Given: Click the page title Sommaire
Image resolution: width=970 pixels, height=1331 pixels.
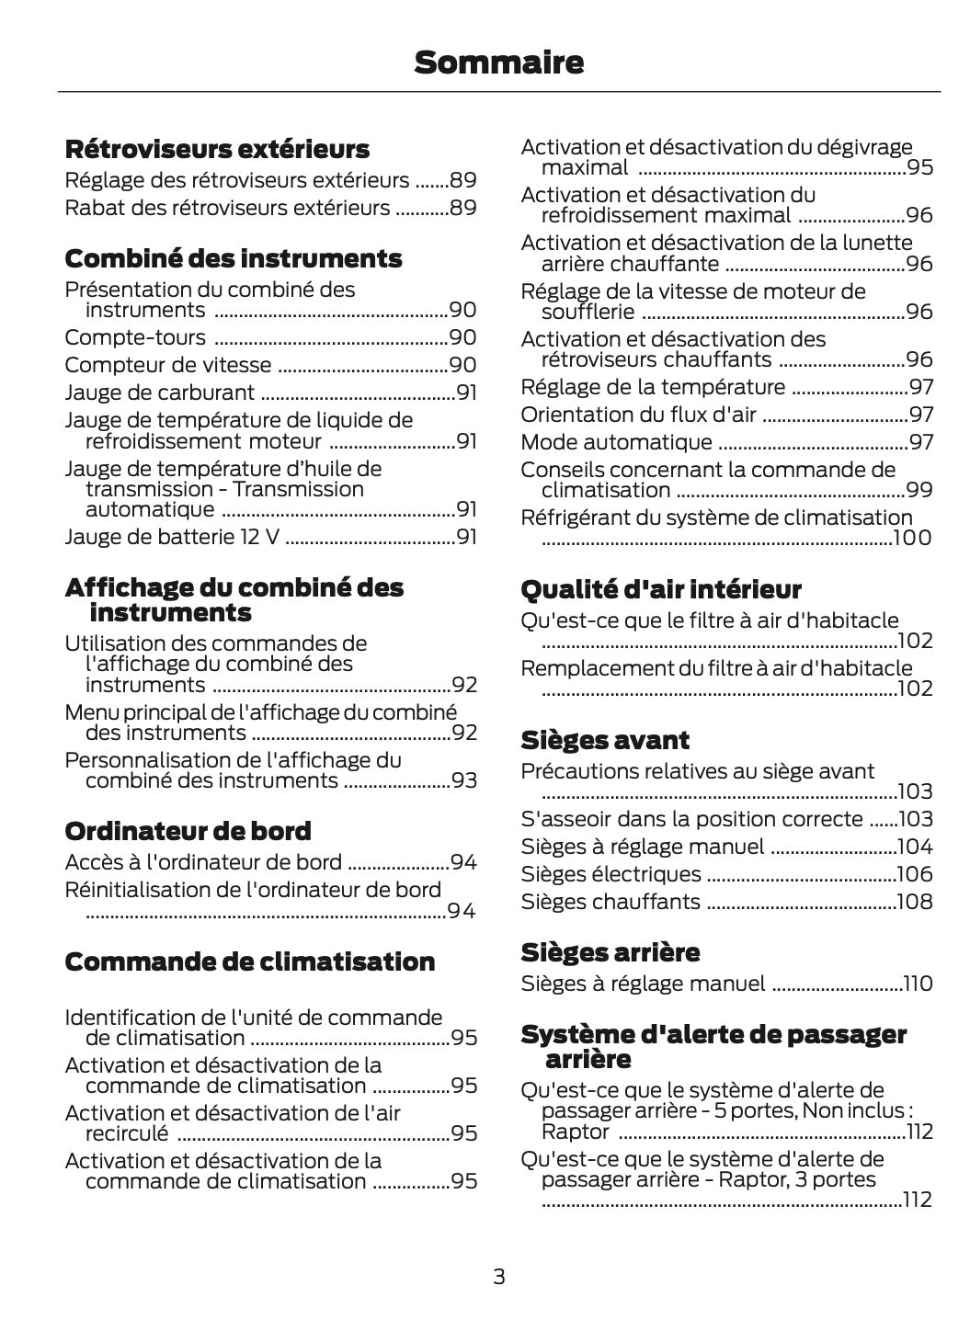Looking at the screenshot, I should [498, 63].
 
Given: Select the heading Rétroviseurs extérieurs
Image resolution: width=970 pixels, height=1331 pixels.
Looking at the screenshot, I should [217, 149].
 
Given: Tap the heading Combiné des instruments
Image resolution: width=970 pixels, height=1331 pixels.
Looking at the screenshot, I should [234, 258].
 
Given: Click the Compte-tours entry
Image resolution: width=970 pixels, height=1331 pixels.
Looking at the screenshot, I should [135, 337].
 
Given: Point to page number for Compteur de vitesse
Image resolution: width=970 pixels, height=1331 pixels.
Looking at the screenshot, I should [463, 365].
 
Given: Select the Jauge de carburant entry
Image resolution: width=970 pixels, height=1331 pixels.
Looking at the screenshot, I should [159, 392].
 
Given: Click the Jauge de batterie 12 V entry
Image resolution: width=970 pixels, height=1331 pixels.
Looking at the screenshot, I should [172, 537].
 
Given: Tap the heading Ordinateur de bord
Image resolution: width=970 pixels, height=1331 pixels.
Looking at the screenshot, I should [188, 831].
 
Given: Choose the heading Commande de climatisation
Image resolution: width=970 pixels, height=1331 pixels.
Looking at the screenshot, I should [249, 961].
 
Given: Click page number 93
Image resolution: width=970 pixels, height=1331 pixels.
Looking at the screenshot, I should [464, 780].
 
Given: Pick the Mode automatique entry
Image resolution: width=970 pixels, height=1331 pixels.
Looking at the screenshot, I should [616, 442].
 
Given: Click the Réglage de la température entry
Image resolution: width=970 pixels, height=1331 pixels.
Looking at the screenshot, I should [653, 387].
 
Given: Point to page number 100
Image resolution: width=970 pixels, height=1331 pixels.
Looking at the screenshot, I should [912, 538].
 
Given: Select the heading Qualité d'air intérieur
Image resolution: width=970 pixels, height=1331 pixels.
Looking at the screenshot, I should [660, 589].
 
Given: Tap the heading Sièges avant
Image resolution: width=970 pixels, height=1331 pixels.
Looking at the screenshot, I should [604, 740].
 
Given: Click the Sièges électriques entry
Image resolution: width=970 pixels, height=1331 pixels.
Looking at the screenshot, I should [611, 874].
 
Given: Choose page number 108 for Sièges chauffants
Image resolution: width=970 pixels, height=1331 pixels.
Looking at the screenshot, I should [915, 902].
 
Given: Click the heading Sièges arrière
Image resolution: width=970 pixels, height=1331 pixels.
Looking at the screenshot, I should [610, 951].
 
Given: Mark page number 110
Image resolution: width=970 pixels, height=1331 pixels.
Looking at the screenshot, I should [918, 984].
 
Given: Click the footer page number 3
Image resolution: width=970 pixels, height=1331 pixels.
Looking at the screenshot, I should [498, 1277].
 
